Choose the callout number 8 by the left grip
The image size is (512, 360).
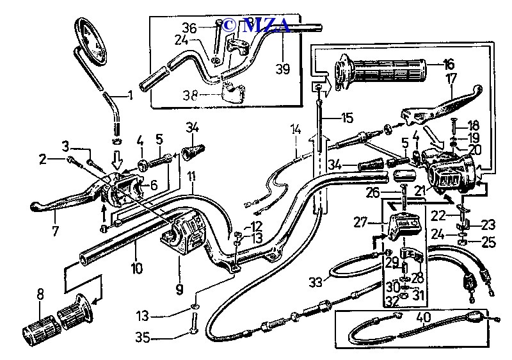pos(40,295)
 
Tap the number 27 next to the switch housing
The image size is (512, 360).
pos(360,222)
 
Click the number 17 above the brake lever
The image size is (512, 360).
pos(452,80)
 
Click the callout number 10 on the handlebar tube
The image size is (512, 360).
pos(136,267)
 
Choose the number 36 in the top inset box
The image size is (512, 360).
pos(189,28)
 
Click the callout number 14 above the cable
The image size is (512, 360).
pos(296,129)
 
